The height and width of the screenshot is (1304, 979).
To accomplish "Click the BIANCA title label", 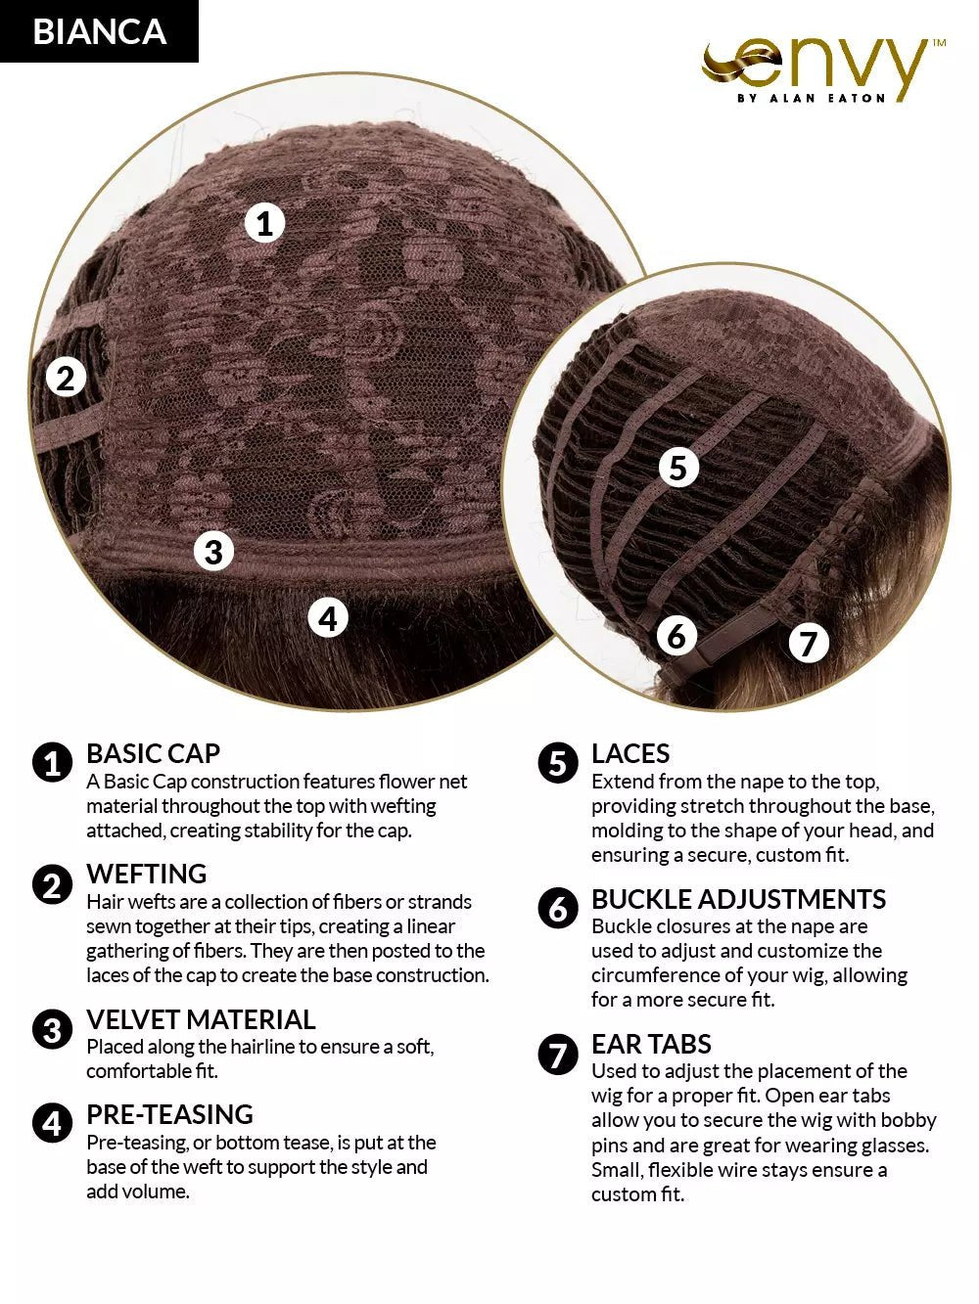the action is click(x=99, y=31).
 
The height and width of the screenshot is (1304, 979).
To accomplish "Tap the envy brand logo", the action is click(x=823, y=70).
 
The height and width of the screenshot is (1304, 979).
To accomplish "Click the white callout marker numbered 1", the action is click(x=264, y=223).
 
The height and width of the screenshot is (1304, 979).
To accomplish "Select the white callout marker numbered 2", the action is click(x=65, y=378).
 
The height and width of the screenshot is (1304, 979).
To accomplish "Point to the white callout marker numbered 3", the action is click(x=213, y=552).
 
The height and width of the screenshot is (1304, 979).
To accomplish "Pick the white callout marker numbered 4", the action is click(x=328, y=618).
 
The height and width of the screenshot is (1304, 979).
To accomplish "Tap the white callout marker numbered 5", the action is click(x=677, y=468).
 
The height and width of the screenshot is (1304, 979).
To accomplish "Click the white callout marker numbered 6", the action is click(x=676, y=636).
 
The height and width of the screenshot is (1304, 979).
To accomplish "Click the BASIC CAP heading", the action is click(x=154, y=753).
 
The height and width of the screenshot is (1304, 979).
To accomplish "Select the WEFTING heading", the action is click(x=147, y=874).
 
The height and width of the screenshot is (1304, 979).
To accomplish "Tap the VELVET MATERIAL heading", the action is click(x=201, y=1019).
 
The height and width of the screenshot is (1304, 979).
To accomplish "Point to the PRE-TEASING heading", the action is click(x=170, y=1114).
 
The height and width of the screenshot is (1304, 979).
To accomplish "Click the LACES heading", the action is click(x=630, y=753).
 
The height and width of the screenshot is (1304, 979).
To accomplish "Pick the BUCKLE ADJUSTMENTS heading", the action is click(x=738, y=899).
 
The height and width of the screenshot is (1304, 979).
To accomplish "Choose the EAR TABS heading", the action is click(x=651, y=1044).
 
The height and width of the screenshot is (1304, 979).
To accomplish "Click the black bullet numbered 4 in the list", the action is click(x=52, y=1123).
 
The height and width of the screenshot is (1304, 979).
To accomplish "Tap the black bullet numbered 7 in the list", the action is click(x=558, y=1055).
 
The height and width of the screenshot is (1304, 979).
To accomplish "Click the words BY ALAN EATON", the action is click(x=812, y=99).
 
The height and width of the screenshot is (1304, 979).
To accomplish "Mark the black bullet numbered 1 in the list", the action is click(x=52, y=762).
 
